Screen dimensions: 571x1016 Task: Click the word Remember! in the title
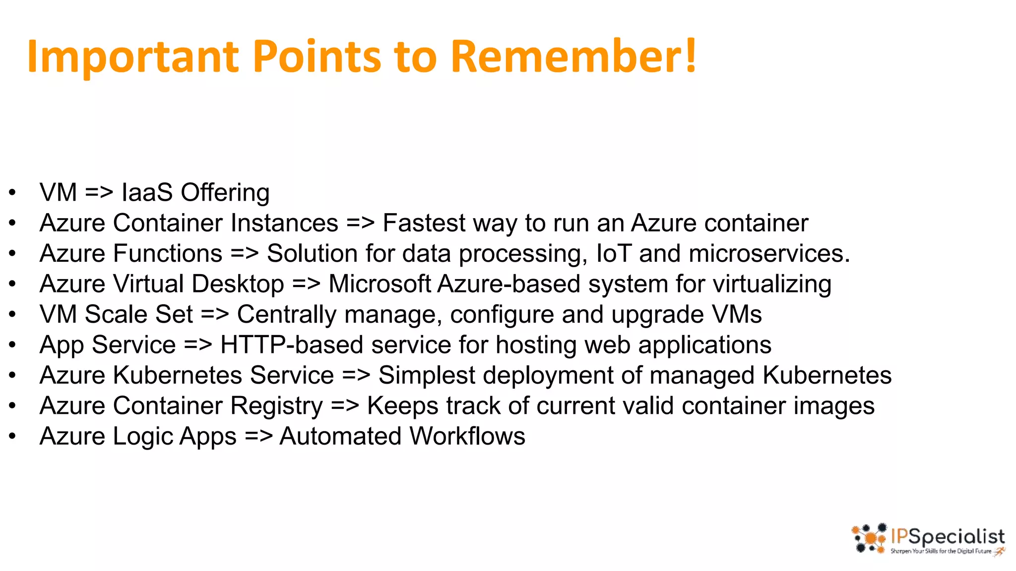pyautogui.click(x=574, y=56)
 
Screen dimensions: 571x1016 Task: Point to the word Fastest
pyautogui.click(x=424, y=223)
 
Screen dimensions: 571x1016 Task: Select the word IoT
pyautogui.click(x=613, y=253)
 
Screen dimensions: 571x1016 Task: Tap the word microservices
pyautogui.click(x=769, y=253)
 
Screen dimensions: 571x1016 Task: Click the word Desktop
pyautogui.click(x=238, y=284)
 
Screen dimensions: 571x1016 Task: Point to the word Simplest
pyautogui.click(x=427, y=375)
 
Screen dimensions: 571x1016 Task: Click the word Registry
pyautogui.click(x=276, y=406)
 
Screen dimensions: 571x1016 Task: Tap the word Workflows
pyautogui.click(x=467, y=436)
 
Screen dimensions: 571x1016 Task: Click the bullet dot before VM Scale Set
pyautogui.click(x=12, y=314)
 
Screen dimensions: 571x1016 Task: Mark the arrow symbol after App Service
pyautogui.click(x=198, y=345)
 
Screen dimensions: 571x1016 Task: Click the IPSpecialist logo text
pyautogui.click(x=948, y=537)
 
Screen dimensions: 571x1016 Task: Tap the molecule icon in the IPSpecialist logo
pyautogui.click(x=869, y=538)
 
